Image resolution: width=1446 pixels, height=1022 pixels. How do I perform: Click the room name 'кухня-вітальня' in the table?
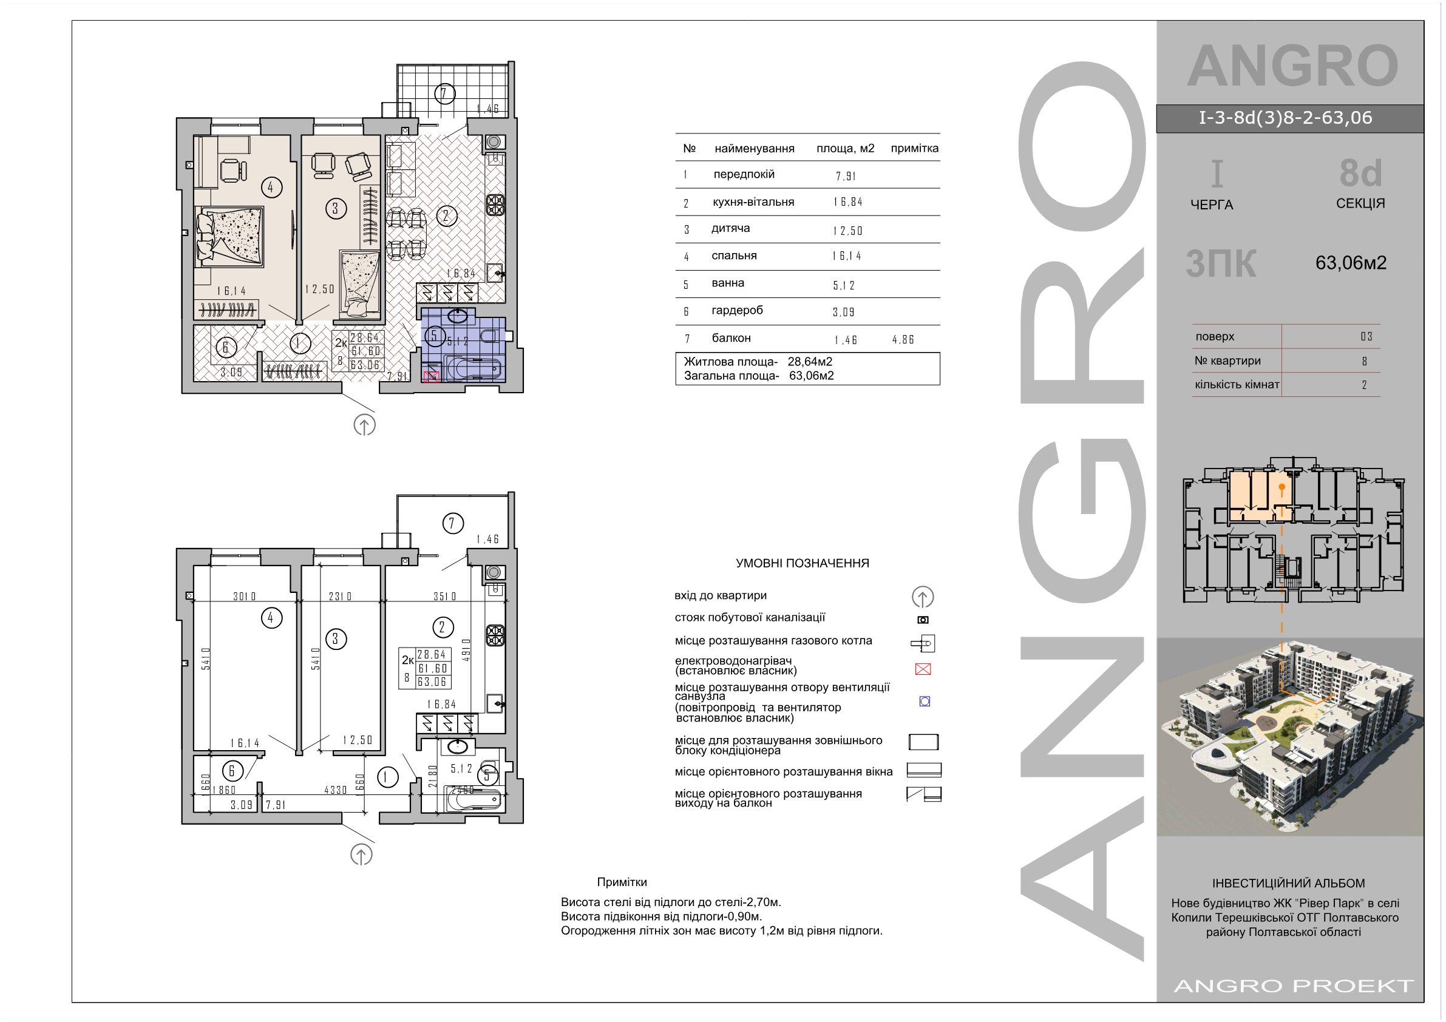753,202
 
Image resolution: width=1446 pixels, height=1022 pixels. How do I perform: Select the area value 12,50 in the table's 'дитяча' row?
847,231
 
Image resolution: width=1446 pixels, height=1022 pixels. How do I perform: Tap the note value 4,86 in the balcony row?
903,340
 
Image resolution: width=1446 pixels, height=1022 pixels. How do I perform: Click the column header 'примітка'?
914,149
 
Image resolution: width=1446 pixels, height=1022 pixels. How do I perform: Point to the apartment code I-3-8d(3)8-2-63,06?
1285,118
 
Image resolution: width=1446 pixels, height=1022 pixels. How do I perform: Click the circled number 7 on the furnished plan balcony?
444,94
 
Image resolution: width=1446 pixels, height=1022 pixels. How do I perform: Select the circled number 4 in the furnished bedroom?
271,187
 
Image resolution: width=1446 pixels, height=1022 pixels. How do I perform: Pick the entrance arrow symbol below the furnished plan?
365,425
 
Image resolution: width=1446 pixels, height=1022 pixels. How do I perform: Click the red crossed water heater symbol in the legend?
923,669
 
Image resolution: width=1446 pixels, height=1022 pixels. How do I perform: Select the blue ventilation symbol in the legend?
925,701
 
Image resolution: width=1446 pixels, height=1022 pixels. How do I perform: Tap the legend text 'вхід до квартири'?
721,596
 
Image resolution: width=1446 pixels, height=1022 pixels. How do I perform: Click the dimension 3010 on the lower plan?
245,596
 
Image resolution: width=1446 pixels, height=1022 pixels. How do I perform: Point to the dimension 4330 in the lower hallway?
336,790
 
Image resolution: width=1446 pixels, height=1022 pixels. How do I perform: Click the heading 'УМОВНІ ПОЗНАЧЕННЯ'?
803,564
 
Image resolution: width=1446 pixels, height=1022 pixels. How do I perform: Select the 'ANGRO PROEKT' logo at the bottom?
1294,986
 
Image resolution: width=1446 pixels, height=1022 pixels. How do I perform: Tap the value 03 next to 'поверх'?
1366,337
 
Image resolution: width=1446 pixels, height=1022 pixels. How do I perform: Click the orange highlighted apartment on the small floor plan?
1261,496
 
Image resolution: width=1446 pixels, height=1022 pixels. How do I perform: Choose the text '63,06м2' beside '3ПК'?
1351,263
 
